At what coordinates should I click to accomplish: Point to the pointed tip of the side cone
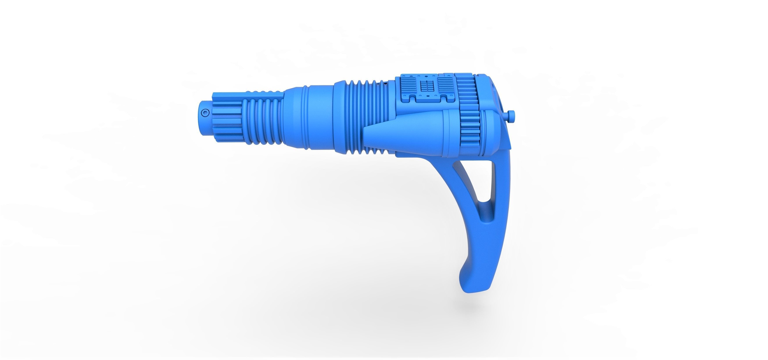click(365, 133)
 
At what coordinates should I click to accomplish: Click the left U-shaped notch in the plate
click(413, 99)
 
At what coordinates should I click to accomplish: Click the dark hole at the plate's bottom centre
click(428, 96)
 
